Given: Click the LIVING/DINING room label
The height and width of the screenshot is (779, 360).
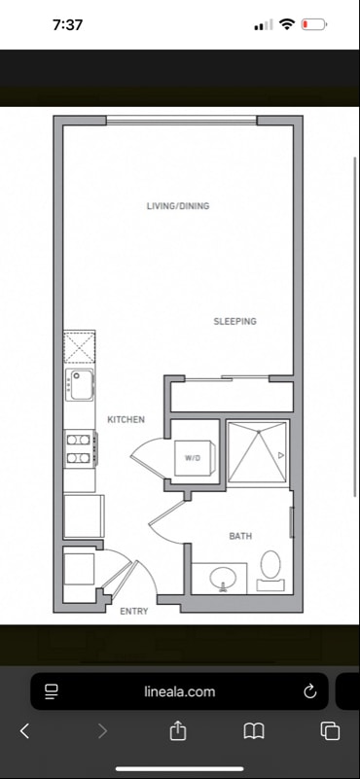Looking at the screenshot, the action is (178, 205).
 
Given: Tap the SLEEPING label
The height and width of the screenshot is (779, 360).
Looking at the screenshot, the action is (235, 322).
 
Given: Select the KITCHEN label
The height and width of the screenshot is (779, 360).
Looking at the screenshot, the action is (126, 420).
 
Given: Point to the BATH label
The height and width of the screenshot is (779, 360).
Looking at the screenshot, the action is (240, 536).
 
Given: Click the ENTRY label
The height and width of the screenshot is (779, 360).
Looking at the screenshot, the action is (134, 612).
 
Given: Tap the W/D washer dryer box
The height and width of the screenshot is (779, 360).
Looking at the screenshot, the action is (195, 458).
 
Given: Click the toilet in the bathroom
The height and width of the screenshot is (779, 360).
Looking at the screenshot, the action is (270, 570).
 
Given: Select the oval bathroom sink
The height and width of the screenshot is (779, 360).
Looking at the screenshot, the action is (223, 578).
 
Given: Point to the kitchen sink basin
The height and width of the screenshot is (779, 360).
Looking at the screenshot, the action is (82, 384).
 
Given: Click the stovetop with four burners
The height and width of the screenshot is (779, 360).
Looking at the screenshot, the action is (79, 448).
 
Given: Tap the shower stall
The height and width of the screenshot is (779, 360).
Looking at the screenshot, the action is (258, 452).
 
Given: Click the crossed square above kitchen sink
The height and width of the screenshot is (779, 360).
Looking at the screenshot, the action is (79, 347).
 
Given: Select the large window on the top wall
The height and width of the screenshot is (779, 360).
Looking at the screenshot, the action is (182, 121).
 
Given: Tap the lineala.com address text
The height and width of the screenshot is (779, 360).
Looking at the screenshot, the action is (180, 691).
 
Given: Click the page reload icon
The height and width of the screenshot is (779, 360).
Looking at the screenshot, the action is (309, 691).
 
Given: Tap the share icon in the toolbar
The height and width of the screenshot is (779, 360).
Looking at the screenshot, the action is (177, 730).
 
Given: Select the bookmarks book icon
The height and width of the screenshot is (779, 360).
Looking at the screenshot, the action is (254, 731).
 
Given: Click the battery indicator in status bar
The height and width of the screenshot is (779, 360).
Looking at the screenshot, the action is (313, 24).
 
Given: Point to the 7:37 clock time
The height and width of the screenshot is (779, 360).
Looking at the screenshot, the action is (68, 25).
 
